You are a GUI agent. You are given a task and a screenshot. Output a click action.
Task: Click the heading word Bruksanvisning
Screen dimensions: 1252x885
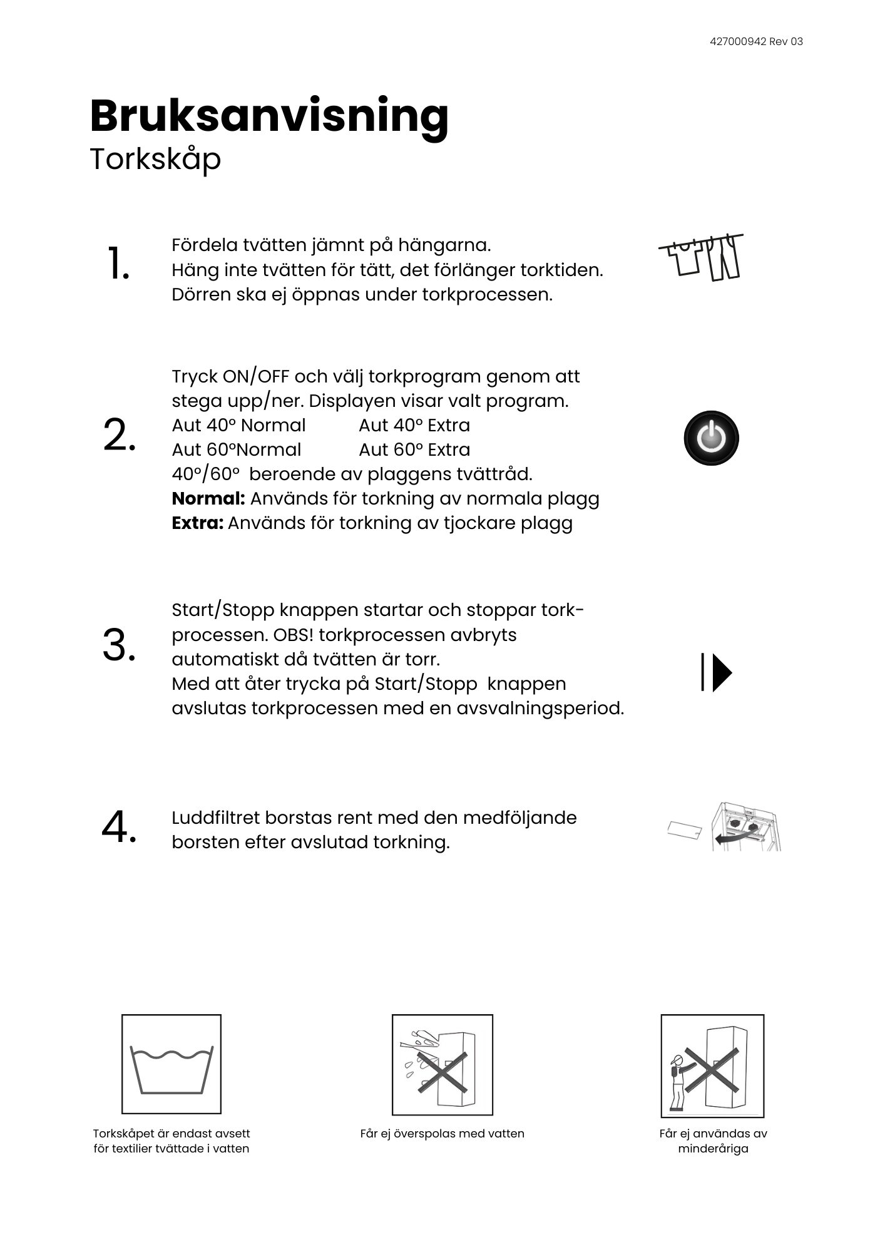(x=269, y=116)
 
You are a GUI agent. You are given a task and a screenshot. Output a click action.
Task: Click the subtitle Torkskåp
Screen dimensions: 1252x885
(x=155, y=160)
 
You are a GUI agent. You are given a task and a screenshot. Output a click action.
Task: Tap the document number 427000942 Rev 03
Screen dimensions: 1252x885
(x=756, y=42)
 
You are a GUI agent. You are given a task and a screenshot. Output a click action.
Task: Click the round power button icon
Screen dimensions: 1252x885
(x=711, y=438)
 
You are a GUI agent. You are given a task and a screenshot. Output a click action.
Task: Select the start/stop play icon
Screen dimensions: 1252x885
(x=717, y=672)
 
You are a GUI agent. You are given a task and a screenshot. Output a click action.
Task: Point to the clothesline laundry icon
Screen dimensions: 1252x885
(x=702, y=257)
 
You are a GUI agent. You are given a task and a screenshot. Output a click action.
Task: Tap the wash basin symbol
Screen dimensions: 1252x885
(x=171, y=1065)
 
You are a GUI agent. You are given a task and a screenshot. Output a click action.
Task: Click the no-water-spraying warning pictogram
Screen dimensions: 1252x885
(x=442, y=1065)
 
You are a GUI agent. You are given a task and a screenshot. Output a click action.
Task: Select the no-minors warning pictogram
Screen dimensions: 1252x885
(x=712, y=1066)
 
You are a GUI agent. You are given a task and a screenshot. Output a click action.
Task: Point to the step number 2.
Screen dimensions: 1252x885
(x=120, y=435)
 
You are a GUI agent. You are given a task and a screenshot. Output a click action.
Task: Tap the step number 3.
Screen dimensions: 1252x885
(x=120, y=645)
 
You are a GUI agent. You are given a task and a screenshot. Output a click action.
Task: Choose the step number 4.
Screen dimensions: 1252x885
(x=119, y=827)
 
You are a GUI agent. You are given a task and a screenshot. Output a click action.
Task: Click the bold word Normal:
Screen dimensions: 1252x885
(x=208, y=499)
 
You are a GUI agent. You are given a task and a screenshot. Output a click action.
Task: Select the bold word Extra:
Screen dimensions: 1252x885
(x=197, y=523)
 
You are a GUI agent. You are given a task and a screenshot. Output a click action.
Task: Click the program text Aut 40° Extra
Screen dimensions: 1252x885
(x=414, y=426)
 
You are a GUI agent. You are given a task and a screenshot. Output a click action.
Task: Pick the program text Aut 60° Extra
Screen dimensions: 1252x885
(x=414, y=450)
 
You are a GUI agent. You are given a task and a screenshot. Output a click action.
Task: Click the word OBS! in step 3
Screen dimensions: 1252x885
(x=293, y=635)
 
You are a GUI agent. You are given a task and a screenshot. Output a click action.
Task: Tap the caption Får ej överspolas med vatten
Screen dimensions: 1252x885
(x=442, y=1134)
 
